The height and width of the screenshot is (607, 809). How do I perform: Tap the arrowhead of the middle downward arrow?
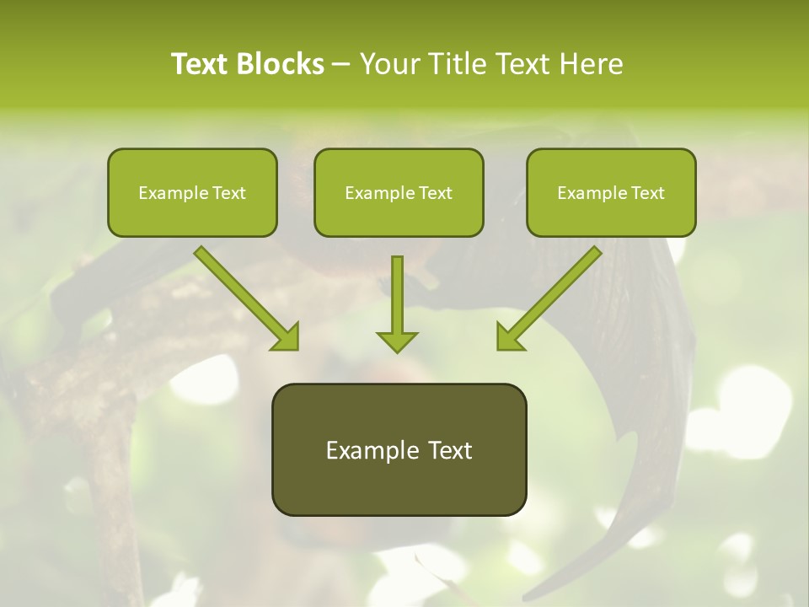[397, 341]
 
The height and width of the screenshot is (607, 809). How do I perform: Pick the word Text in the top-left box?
[228, 192]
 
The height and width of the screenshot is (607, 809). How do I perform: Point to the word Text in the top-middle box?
[435, 192]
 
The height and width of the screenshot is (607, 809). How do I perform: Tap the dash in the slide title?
[341, 64]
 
